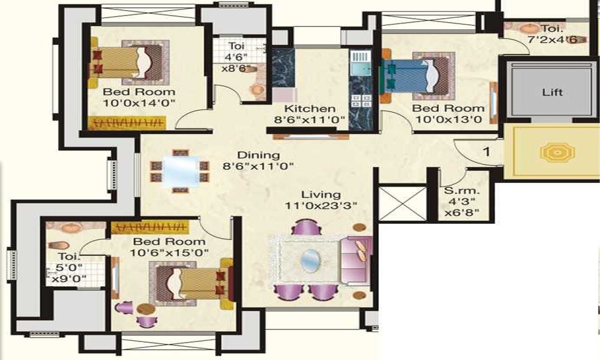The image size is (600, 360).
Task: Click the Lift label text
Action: [x=552, y=93]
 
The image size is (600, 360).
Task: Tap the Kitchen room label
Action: [x=310, y=109]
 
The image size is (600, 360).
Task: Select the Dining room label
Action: [x=250, y=155]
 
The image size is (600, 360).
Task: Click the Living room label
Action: [x=321, y=195]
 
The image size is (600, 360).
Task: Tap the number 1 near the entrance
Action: [x=487, y=152]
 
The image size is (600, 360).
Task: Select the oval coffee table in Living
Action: [x=310, y=260]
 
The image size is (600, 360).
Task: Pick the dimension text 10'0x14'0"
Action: [x=139, y=103]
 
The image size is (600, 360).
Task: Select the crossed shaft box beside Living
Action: [x=403, y=203]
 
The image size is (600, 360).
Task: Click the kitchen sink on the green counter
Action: [x=360, y=60]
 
